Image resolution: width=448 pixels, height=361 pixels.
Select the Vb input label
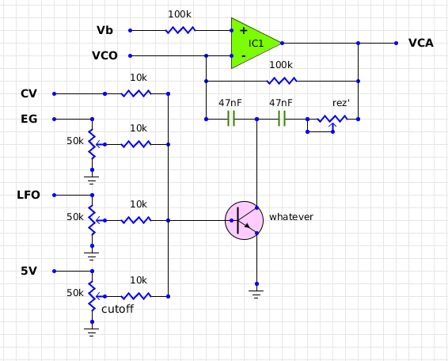(x=104, y=30)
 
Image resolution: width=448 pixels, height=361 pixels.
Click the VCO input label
(x=105, y=55)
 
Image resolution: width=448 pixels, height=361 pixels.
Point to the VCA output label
(x=420, y=43)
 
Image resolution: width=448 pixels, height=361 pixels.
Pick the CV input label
(x=29, y=93)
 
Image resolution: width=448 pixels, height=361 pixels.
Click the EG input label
(x=28, y=119)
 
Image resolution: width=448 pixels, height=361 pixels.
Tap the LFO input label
(x=28, y=195)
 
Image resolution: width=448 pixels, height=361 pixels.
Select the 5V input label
(x=28, y=271)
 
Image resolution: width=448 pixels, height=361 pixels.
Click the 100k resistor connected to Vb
(x=180, y=30)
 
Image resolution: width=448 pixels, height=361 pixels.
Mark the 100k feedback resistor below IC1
(x=281, y=81)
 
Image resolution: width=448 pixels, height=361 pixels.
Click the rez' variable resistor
(x=332, y=120)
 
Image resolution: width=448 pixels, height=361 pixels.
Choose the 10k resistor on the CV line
(x=136, y=93)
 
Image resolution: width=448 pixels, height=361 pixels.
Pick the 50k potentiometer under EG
(x=92, y=144)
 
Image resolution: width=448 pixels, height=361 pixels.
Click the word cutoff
(x=117, y=310)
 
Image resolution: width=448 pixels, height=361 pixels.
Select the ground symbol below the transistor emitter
(x=256, y=293)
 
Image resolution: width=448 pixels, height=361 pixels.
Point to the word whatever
(x=291, y=216)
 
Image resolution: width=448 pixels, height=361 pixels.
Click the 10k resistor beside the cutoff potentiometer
(x=136, y=296)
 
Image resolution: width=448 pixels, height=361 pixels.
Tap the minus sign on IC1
(x=243, y=56)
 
